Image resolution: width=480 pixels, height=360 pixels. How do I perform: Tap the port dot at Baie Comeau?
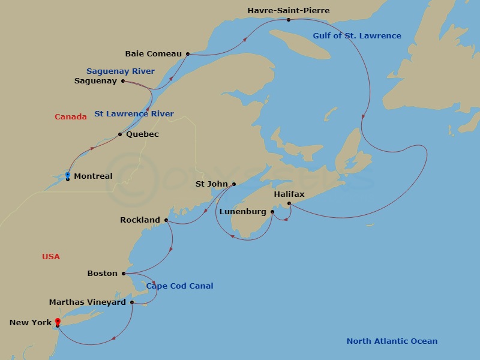tap(188, 54)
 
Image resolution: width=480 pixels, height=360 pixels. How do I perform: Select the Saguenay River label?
tap(121, 71)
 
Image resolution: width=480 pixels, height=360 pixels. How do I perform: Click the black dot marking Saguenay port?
tap(123, 81)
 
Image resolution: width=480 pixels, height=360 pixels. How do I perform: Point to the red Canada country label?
tap(71, 116)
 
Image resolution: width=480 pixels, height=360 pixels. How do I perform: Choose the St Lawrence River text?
tap(134, 113)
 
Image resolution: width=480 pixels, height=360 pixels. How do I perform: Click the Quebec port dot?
tap(120, 134)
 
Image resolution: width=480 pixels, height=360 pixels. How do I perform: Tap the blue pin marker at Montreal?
tap(68, 175)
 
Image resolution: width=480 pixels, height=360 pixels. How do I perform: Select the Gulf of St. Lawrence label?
tap(357, 35)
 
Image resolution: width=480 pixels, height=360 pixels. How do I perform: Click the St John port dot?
tap(234, 184)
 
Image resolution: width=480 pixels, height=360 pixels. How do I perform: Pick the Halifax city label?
tap(289, 194)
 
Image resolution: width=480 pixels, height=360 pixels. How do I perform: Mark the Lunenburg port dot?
tap(272, 212)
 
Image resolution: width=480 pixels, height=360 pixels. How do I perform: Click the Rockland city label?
tap(140, 220)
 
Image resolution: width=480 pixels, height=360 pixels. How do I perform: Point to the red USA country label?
tap(51, 256)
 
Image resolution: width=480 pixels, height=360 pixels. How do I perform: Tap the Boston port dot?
tap(124, 274)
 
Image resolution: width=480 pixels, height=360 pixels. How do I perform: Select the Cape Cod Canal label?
tap(180, 286)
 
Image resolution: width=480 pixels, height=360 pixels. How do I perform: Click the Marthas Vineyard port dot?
tap(132, 302)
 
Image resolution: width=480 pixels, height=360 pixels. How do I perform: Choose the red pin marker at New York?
tap(58, 322)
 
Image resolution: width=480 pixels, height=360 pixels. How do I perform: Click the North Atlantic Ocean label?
tap(392, 341)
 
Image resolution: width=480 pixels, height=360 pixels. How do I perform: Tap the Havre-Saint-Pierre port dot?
tap(289, 20)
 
